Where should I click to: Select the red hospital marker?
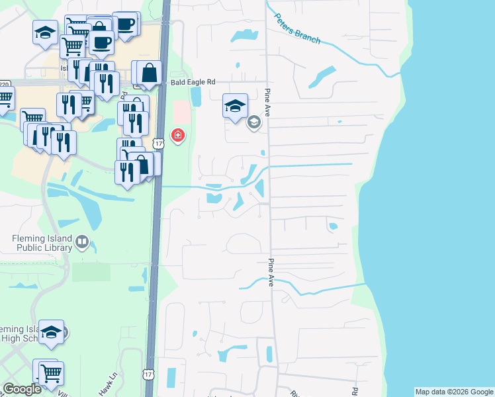pos(177,136)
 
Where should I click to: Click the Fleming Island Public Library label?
pos(36,243)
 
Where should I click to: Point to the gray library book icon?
pos(81,243)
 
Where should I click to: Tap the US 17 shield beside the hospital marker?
pos(157,144)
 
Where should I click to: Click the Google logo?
pos(22,390)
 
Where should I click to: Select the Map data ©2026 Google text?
pos(454,392)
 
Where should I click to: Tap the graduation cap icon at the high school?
pos(51,331)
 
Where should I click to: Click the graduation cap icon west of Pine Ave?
pos(235,105)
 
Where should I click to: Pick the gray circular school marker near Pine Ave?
pos(253,122)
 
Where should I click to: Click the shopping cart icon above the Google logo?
pos(50,373)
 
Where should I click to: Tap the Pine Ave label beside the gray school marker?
pos(268,102)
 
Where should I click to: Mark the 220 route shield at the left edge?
pos(5,84)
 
